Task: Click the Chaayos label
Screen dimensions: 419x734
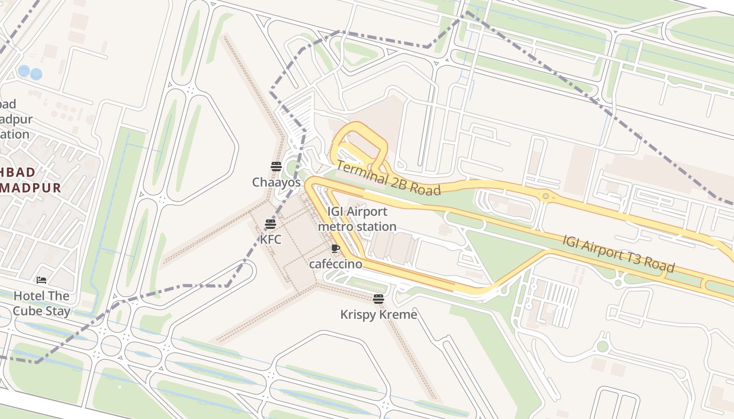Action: pyautogui.click(x=276, y=182)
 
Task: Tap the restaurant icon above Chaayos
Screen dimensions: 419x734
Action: pyautogui.click(x=276, y=167)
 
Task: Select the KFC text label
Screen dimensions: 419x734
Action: pyautogui.click(x=271, y=239)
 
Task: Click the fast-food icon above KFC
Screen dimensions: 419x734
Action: pyautogui.click(x=271, y=224)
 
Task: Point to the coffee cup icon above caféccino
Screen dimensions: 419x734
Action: pyautogui.click(x=336, y=249)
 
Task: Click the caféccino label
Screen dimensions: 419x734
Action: pyautogui.click(x=336, y=264)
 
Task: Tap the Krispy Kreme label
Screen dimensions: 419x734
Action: pyautogui.click(x=379, y=315)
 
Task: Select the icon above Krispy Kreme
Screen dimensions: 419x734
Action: pyautogui.click(x=379, y=300)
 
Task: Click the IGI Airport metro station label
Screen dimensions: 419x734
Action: pyautogui.click(x=357, y=219)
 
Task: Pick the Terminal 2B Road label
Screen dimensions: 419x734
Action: pyautogui.click(x=388, y=178)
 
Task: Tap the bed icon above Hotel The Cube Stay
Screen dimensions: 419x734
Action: pyautogui.click(x=41, y=281)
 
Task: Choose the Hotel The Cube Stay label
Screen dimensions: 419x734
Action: pyautogui.click(x=41, y=303)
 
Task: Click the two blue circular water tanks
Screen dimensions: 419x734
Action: pyautogui.click(x=30, y=72)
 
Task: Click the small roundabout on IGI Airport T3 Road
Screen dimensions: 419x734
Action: pyautogui.click(x=546, y=196)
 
